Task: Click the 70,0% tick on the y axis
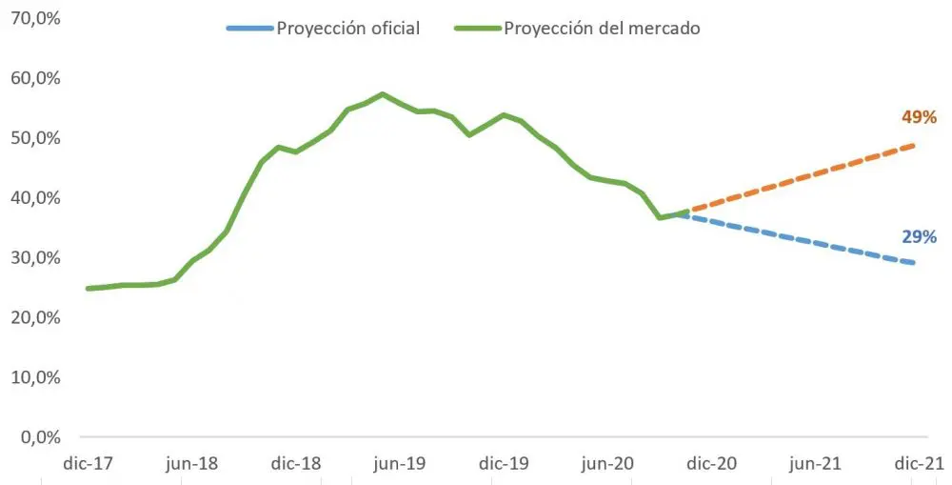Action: [x=32, y=17]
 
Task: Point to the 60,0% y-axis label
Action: [x=32, y=77]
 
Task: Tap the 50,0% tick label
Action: [x=32, y=137]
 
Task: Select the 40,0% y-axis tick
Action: [x=32, y=197]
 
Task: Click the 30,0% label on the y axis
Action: [x=32, y=257]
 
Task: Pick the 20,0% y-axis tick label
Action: [x=32, y=317]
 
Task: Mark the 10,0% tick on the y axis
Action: [x=32, y=377]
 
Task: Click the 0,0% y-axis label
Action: [x=37, y=437]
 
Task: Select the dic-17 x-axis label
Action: [x=88, y=464]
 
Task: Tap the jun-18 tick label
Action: [x=191, y=464]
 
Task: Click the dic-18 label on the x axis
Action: [x=295, y=464]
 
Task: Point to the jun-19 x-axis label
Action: [x=399, y=464]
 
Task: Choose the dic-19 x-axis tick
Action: [x=503, y=464]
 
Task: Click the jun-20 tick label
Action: [x=606, y=464]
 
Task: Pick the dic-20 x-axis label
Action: [x=710, y=464]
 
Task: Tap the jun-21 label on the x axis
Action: [x=814, y=464]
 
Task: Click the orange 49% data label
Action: [x=920, y=118]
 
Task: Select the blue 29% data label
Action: [x=920, y=237]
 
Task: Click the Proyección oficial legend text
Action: [x=347, y=29]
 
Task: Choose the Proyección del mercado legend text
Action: [x=602, y=29]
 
